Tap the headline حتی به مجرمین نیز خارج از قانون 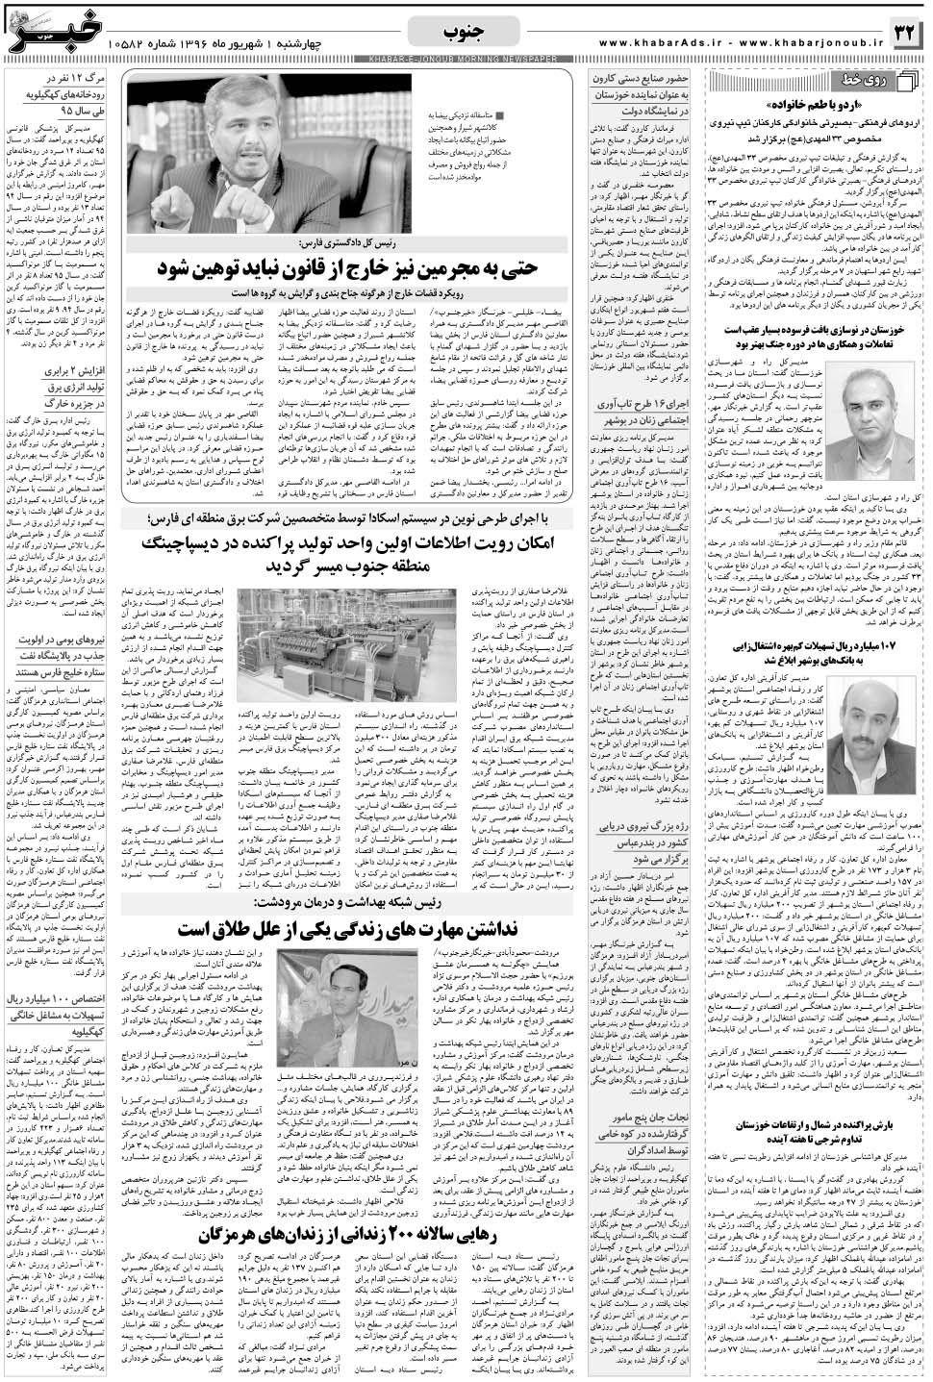(351, 264)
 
